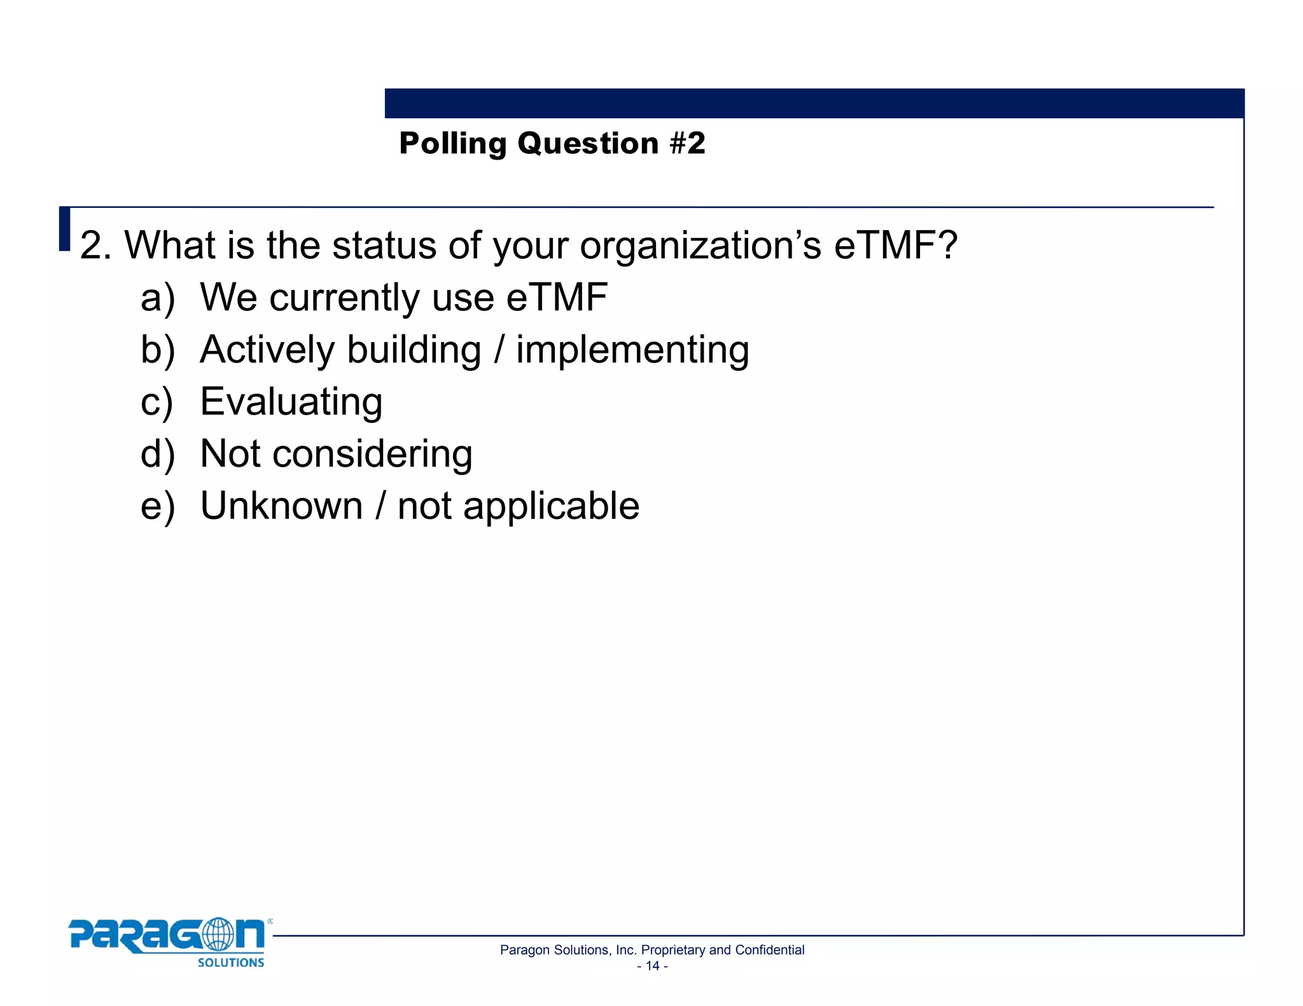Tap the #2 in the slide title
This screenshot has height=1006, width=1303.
[687, 143]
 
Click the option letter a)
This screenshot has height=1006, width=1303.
[157, 298]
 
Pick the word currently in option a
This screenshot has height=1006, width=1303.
[345, 298]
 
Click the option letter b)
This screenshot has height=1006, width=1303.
[157, 350]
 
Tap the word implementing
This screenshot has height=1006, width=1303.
[632, 351]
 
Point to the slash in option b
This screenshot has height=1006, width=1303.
[499, 350]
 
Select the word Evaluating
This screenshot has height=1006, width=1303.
[291, 403]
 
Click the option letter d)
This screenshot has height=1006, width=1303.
[157, 455]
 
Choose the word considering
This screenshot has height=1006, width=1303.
[372, 455]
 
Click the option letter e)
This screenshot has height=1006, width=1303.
[157, 507]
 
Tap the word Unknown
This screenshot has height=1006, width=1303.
[281, 506]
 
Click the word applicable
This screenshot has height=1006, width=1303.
[551, 507]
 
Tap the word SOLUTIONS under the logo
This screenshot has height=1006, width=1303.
[231, 963]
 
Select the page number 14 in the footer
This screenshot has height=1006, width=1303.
[652, 966]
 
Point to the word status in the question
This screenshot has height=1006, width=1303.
[384, 245]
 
